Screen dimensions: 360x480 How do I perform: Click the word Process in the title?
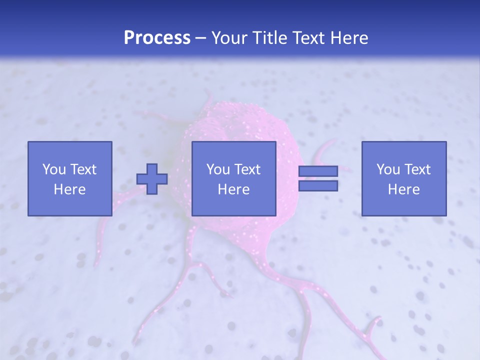pos(157,38)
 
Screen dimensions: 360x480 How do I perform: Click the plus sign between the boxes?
pos(152,179)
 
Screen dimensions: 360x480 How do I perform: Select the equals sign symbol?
pos(318,178)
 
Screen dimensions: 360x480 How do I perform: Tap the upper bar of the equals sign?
pos(318,171)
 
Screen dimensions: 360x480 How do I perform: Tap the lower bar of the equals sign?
pos(318,186)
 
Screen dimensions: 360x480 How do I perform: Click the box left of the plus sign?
pos(69,178)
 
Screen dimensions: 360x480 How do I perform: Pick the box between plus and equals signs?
pos(233,178)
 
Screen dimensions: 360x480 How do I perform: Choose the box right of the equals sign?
pos(403,178)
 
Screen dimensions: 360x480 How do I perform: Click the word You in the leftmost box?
pos(54,169)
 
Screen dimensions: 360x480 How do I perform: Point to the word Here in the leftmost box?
pos(69,189)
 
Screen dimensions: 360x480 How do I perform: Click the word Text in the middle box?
pos(247,169)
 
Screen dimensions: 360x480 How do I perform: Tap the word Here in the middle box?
pos(233,189)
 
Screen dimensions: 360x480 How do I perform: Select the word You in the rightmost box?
pos(388,169)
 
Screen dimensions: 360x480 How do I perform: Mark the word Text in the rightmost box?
pos(417,169)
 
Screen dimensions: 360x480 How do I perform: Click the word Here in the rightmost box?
pos(403,189)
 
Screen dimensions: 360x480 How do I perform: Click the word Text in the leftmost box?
pos(83,169)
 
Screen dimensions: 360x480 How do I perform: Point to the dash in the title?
pos(201,38)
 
